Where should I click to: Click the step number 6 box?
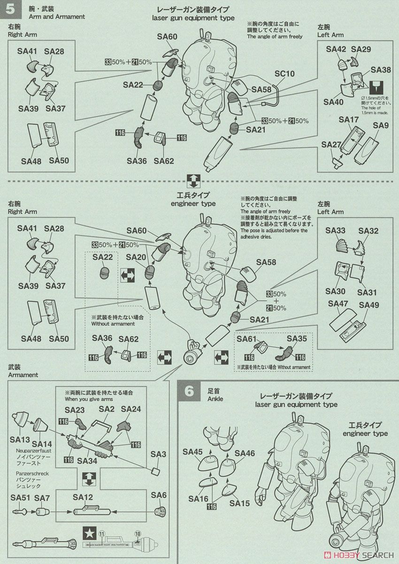coord(189,391)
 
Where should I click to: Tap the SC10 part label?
coord(284,74)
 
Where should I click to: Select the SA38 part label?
coord(380,70)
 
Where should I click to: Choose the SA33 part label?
coord(335,231)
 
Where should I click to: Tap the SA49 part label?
coord(368,305)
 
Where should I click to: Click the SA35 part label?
coord(296,338)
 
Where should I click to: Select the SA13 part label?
coord(18,440)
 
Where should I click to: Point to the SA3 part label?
coord(159,454)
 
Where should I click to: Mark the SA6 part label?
coord(159,495)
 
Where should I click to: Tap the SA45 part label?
coord(192,452)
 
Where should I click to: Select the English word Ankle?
coord(215,399)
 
